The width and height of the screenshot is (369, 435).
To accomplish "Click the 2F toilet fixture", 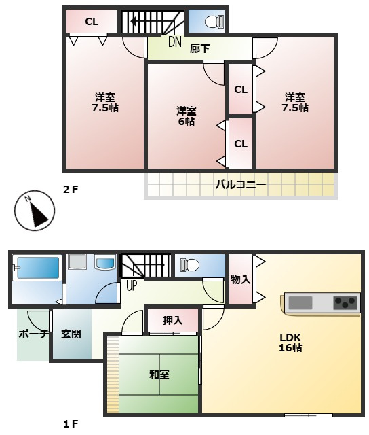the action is pyautogui.click(x=214, y=21).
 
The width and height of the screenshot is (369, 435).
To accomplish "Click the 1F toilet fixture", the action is pyautogui.click(x=190, y=265).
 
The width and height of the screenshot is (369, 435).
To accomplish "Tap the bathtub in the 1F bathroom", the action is pyautogui.click(x=38, y=267).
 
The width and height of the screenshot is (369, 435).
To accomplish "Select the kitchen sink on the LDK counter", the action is pyautogui.click(x=300, y=302).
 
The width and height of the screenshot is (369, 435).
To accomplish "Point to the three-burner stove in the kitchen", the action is pyautogui.click(x=345, y=303).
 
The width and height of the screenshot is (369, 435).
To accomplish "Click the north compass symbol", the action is pyautogui.click(x=35, y=210).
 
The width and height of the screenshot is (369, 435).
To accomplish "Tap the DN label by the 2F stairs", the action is pyautogui.click(x=175, y=42).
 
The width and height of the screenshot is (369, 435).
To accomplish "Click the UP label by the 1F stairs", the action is pyautogui.click(x=132, y=285).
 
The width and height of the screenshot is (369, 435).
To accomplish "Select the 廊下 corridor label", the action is pyautogui.click(x=199, y=49).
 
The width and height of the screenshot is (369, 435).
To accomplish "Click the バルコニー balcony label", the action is pyautogui.click(x=241, y=184).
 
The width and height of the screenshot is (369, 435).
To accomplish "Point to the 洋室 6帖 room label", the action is pyautogui.click(x=187, y=116).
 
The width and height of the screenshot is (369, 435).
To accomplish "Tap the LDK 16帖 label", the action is pyautogui.click(x=290, y=343).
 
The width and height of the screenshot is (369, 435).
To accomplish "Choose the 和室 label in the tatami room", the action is pyautogui.click(x=159, y=375).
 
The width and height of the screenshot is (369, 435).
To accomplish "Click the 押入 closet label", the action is pyautogui.click(x=172, y=320).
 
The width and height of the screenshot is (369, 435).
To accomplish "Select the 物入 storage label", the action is pyautogui.click(x=240, y=279).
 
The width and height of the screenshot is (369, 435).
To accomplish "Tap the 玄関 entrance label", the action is pyautogui.click(x=71, y=334).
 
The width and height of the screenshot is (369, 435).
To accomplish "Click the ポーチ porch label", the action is pyautogui.click(x=33, y=334).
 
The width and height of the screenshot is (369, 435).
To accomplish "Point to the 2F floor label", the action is pyautogui.click(x=71, y=190).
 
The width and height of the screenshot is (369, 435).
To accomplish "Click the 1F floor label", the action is pyautogui.click(x=71, y=424).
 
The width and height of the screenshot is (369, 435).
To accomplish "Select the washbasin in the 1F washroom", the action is pyautogui.click(x=104, y=262).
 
